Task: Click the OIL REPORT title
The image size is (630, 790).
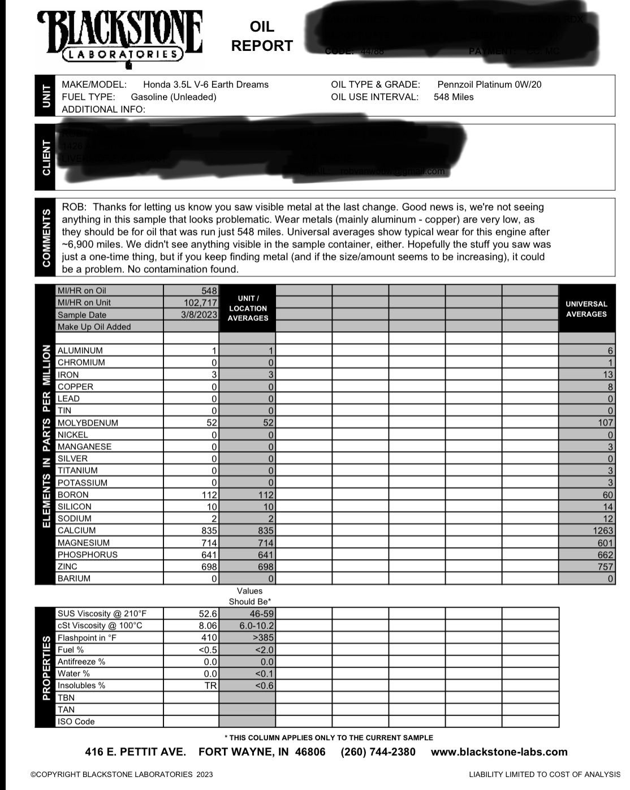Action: coord(262,36)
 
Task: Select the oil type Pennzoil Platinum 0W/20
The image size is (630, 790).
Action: coord(489,85)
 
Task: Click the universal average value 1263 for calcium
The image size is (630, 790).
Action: coord(602,531)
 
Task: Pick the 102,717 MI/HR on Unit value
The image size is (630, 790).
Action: coord(200,303)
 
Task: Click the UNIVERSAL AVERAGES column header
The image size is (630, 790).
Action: coord(586,308)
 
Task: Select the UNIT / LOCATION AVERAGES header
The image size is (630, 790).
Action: coord(248,308)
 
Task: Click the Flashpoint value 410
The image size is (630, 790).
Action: coord(209,638)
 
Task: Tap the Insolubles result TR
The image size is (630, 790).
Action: coord(210,686)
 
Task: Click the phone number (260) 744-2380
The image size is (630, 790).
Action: coord(378,752)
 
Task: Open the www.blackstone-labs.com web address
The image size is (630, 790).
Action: coord(499,752)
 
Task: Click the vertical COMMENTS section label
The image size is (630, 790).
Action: coord(46,237)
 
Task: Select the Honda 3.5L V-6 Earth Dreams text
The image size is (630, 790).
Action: coord(206,85)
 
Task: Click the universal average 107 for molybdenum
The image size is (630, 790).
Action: coord(605,423)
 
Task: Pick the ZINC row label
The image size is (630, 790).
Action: coord(68,566)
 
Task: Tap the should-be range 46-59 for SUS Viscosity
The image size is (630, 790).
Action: coord(261,614)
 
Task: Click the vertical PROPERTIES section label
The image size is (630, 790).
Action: coord(46,668)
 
